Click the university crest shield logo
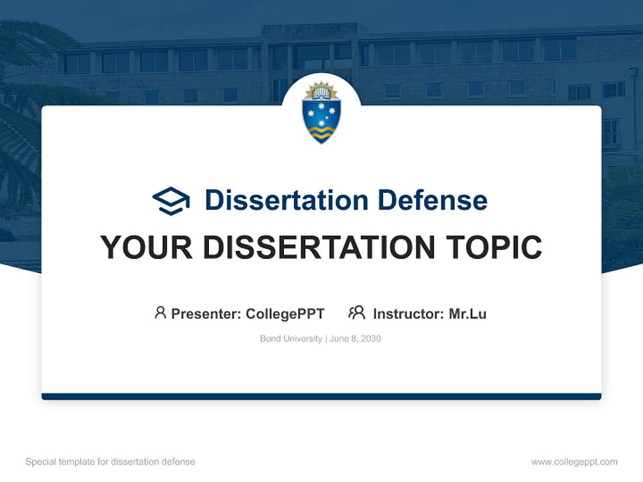(321, 112)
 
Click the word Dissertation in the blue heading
(286, 200)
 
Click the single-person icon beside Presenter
(160, 313)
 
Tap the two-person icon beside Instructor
(356, 313)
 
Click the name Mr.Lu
(468, 314)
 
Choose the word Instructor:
(409, 314)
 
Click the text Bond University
(291, 339)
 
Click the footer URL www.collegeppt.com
(574, 462)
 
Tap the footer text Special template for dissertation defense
(110, 462)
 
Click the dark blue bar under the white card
(321, 396)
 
